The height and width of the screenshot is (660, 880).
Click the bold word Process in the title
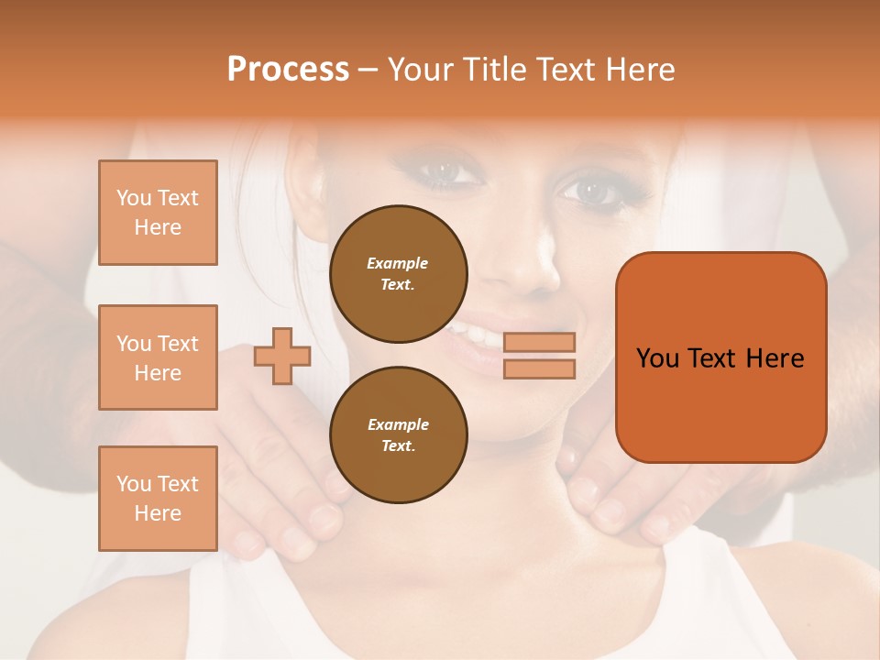[288, 70]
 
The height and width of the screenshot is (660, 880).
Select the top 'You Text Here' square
[158, 213]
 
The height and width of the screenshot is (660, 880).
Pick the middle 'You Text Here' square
[158, 357]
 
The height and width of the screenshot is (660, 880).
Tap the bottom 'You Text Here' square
[158, 499]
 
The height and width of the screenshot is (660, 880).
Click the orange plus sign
[282, 356]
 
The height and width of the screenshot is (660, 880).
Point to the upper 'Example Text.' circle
[398, 273]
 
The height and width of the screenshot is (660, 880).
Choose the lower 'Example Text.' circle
[398, 434]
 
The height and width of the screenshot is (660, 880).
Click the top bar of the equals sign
[539, 342]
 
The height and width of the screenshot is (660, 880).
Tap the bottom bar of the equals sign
[539, 368]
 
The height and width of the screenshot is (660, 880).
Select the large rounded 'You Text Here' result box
[720, 357]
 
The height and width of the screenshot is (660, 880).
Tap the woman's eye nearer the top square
[444, 170]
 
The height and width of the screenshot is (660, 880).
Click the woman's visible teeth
[477, 334]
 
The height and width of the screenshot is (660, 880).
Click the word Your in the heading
[420, 70]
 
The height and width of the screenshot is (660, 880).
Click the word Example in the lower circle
[398, 424]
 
